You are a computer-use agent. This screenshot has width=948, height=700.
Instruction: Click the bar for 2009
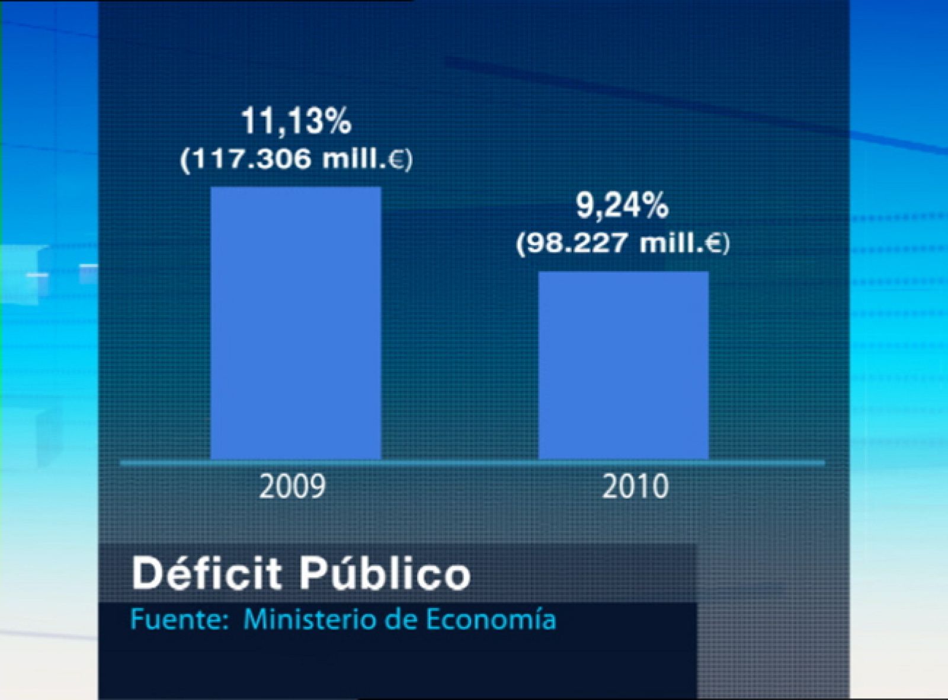(296, 323)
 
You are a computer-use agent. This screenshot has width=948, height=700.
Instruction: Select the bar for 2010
(623, 365)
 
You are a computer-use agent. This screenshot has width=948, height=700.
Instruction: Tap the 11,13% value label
(296, 121)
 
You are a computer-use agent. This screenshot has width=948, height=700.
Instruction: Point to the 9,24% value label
(622, 207)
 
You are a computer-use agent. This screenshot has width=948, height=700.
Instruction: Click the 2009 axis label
(293, 487)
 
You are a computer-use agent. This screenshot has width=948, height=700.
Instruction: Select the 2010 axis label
(635, 487)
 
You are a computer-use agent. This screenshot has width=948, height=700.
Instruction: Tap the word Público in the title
(384, 573)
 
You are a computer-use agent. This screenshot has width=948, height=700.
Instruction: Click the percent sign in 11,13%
(338, 121)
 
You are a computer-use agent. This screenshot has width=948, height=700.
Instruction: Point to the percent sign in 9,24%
(655, 207)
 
